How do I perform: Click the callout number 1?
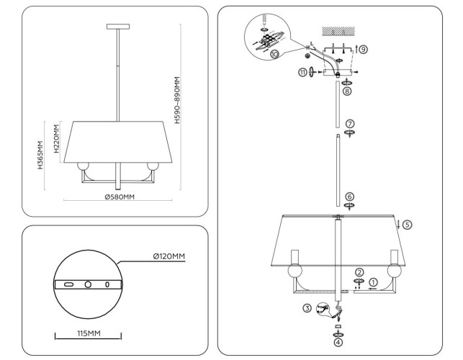374,282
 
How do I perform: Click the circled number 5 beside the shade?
407,225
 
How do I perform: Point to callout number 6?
349,196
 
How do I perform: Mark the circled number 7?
349,124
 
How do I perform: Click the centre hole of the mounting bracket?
88,284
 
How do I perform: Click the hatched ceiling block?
337,32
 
